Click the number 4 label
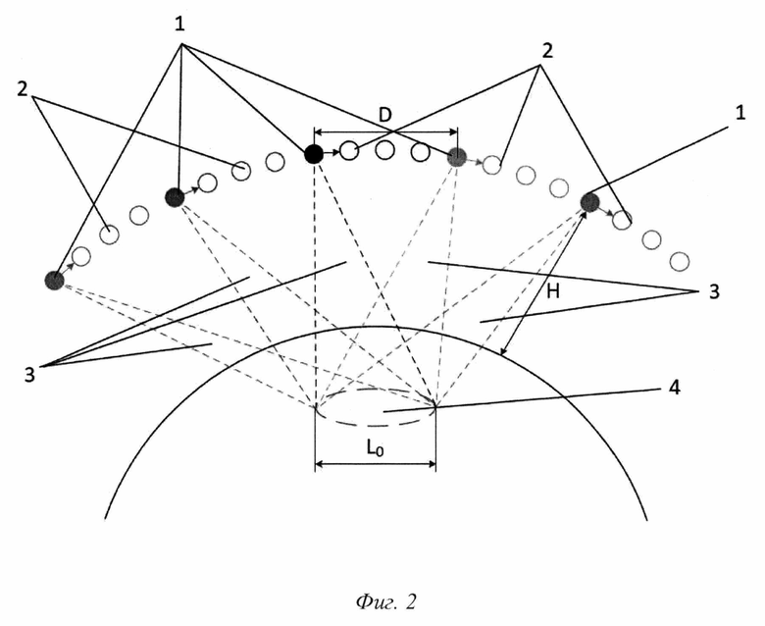(674, 388)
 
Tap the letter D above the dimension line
(385, 115)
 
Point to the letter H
(553, 291)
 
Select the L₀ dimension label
(375, 448)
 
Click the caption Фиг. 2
(385, 601)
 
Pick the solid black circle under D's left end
(313, 154)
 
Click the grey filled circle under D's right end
(457, 157)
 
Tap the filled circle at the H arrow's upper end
(589, 202)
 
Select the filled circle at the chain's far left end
(54, 281)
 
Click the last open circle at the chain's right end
(679, 262)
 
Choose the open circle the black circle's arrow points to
(349, 151)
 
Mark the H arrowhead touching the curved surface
(503, 351)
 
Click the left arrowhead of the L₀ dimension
(319, 463)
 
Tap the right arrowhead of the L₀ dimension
(432, 463)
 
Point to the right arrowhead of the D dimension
(454, 131)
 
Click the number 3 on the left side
(30, 375)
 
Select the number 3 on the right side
(714, 291)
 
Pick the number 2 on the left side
(23, 89)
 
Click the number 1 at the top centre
(180, 24)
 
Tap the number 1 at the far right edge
(740, 113)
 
